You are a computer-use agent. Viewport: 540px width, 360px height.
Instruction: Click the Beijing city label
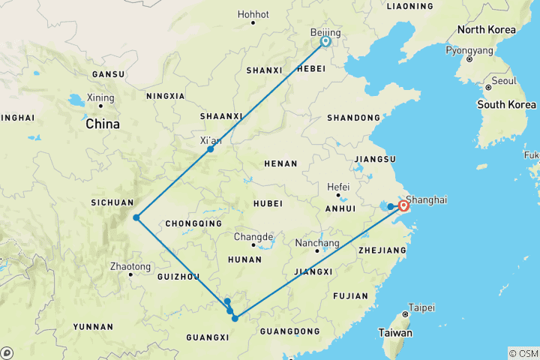[325, 33]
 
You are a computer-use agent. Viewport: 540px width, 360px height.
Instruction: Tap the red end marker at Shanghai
[404, 205]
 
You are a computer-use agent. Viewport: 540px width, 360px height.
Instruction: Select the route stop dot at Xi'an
[211, 149]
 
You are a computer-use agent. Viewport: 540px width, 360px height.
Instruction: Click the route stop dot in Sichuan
[136, 217]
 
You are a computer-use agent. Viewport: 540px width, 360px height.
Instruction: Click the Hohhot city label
[253, 14]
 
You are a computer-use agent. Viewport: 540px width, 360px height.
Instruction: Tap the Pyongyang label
[469, 51]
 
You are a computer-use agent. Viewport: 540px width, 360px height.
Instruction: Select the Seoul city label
[504, 81]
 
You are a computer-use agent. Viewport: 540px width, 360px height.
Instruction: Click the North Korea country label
[487, 30]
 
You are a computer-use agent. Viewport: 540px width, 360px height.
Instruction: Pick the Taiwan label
[394, 332]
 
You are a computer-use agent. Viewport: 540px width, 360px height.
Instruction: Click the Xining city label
[100, 98]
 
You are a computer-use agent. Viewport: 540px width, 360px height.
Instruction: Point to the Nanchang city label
[312, 243]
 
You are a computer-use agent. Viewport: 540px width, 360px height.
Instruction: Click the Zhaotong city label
[130, 267]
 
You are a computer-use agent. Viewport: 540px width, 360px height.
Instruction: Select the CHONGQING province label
[193, 223]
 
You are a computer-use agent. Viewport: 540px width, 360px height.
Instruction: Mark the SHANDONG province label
[354, 118]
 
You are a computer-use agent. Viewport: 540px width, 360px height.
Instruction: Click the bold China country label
[103, 124]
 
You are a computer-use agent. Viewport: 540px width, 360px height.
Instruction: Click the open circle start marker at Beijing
[325, 42]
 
